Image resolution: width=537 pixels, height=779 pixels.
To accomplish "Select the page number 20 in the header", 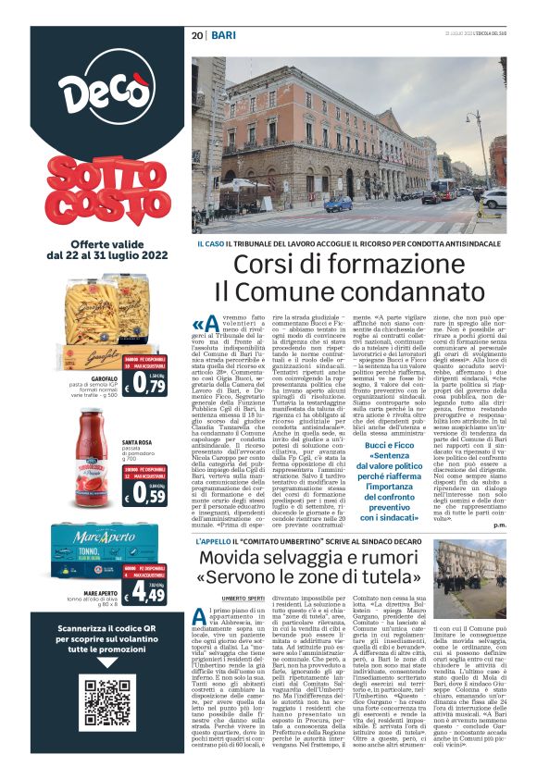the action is [197, 34].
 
